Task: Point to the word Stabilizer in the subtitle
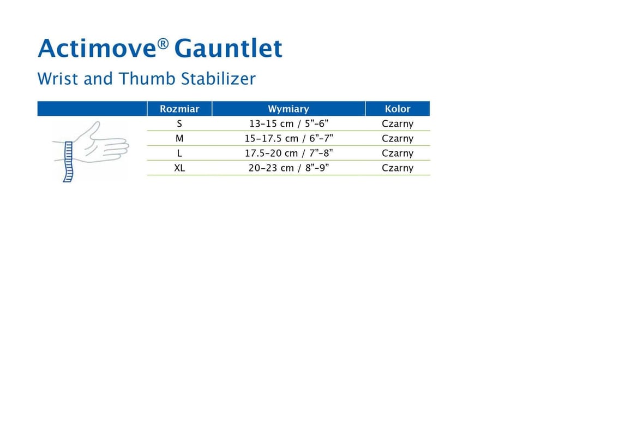(x=218, y=78)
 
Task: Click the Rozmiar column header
(x=179, y=109)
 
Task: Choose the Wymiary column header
(x=289, y=109)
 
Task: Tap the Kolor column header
(x=398, y=109)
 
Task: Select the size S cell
(x=179, y=124)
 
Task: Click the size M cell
(x=179, y=138)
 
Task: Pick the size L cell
(x=179, y=153)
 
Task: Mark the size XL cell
(x=179, y=168)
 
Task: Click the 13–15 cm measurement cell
(x=289, y=124)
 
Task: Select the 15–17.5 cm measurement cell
(x=289, y=138)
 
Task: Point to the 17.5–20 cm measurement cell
(x=289, y=153)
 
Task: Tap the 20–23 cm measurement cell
(x=289, y=168)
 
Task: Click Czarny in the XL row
(x=398, y=168)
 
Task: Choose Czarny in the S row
(x=398, y=124)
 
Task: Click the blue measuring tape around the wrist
(x=68, y=161)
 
